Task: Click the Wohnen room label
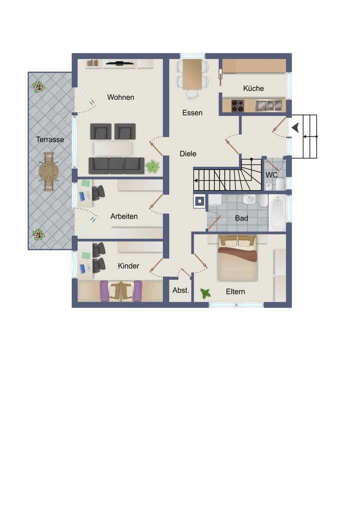pyautogui.click(x=120, y=97)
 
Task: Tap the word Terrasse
pyautogui.click(x=50, y=139)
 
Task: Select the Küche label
pyautogui.click(x=253, y=88)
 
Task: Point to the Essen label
pyautogui.click(x=192, y=112)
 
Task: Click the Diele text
pyautogui.click(x=188, y=153)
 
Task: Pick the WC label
pyautogui.click(x=271, y=175)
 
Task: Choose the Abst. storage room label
pyautogui.click(x=180, y=290)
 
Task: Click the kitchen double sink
pyautogui.click(x=268, y=105)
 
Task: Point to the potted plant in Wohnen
pyautogui.click(x=152, y=166)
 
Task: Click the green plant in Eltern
pyautogui.click(x=205, y=293)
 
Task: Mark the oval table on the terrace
pyautogui.click(x=49, y=171)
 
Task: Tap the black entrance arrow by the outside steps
pyautogui.click(x=295, y=128)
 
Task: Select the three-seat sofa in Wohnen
pyautogui.click(x=116, y=164)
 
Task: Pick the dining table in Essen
pyautogui.click(x=192, y=73)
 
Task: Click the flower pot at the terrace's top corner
pyautogui.click(x=38, y=87)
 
